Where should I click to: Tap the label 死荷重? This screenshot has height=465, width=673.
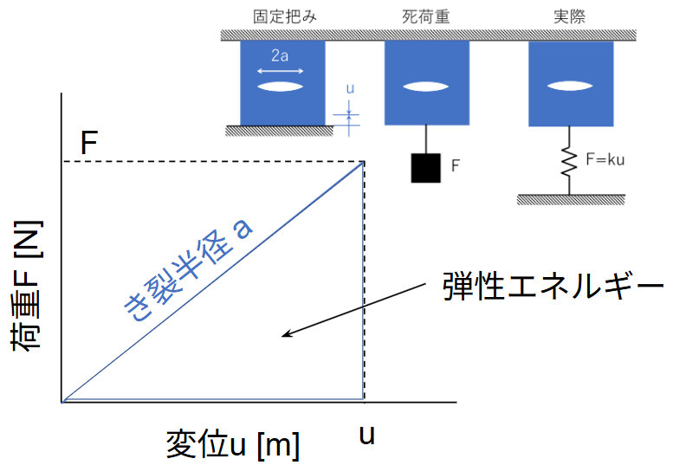[x=426, y=16]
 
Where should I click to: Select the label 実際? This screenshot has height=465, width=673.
[x=570, y=16]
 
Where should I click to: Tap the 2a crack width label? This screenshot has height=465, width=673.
[x=279, y=55]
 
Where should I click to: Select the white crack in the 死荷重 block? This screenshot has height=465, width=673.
[x=426, y=87]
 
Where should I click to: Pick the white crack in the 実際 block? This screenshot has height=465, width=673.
[x=570, y=87]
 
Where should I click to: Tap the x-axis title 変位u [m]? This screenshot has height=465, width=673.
[x=233, y=444]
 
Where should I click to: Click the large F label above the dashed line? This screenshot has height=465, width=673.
[x=88, y=143]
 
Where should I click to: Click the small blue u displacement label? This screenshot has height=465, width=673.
[x=350, y=87]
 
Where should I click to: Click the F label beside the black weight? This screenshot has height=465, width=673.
[x=454, y=166]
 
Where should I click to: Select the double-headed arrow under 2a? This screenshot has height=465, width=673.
[x=279, y=70]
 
